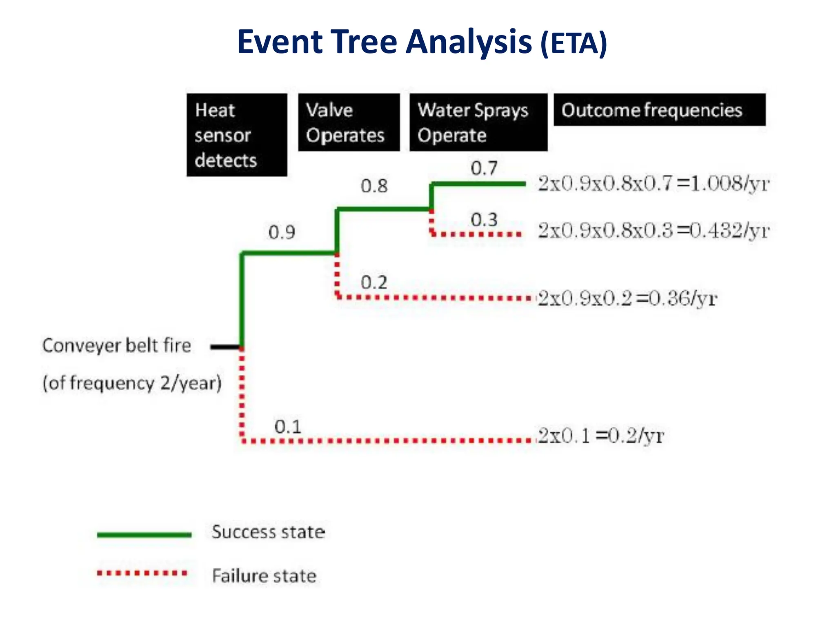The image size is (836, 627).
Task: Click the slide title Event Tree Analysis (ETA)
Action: [422, 42]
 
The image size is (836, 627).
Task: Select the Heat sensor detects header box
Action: [237, 135]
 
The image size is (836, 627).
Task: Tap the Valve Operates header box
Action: [349, 122]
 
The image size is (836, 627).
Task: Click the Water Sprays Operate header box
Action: [478, 122]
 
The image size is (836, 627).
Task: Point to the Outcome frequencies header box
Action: [659, 110]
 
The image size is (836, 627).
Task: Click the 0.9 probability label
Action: [282, 232]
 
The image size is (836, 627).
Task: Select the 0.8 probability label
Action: [374, 186]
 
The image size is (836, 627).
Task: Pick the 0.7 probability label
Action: [484, 168]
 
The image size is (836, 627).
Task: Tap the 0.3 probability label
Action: [484, 220]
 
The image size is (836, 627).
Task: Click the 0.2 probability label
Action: [374, 282]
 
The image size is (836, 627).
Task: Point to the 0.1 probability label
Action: [288, 427]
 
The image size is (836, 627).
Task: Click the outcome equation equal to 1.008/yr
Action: [653, 184]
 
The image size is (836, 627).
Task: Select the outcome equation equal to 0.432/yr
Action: [653, 231]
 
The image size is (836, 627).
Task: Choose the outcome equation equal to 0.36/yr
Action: [627, 298]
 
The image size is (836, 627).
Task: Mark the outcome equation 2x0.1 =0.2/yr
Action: [601, 436]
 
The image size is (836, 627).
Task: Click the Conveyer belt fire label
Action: [117, 346]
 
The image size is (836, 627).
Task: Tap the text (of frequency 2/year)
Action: [132, 383]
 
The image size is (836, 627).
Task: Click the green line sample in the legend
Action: [144, 534]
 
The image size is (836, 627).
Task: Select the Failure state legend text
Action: [264, 576]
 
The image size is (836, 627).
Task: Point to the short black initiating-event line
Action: [225, 347]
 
